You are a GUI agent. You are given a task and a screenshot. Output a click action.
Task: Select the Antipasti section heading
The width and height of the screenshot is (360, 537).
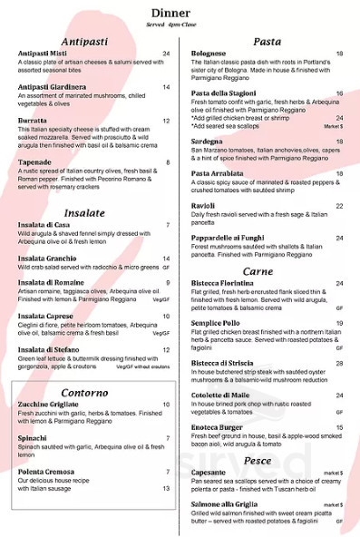(x=86, y=42)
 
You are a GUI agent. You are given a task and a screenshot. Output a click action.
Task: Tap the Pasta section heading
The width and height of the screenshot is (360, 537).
(x=267, y=42)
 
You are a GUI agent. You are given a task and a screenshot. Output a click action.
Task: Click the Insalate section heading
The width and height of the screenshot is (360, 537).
(x=85, y=212)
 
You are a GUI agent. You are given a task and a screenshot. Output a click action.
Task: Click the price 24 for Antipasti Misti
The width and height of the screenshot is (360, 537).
(x=166, y=54)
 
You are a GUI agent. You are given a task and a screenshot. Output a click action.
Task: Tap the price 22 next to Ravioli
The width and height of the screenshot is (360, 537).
(x=338, y=206)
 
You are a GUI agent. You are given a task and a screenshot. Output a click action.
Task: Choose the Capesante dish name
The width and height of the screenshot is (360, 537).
(x=209, y=473)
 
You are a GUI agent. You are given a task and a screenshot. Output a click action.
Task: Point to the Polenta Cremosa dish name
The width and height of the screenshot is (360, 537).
(x=49, y=472)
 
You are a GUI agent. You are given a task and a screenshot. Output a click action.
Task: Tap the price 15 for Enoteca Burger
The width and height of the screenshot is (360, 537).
(x=338, y=426)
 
